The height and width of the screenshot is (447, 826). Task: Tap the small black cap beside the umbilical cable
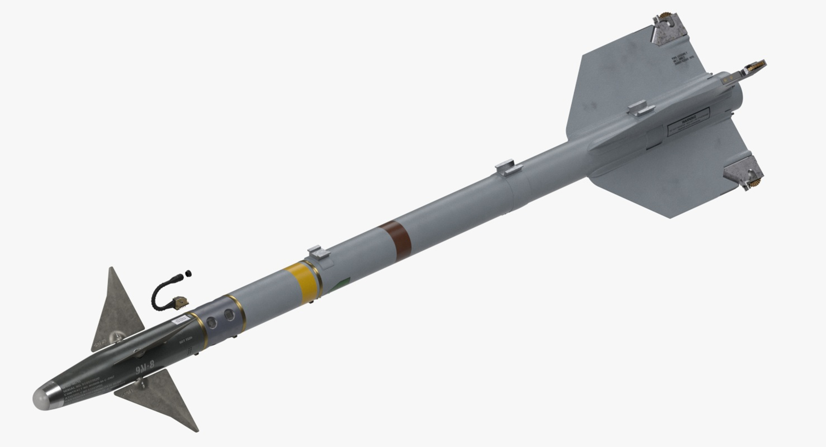[x=188, y=273]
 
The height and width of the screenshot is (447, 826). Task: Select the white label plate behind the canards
[x=180, y=319]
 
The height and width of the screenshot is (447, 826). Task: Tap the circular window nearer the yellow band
[x=230, y=315]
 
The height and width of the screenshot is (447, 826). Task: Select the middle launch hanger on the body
[x=508, y=168]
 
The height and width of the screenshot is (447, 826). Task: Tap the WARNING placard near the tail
[x=688, y=118]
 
